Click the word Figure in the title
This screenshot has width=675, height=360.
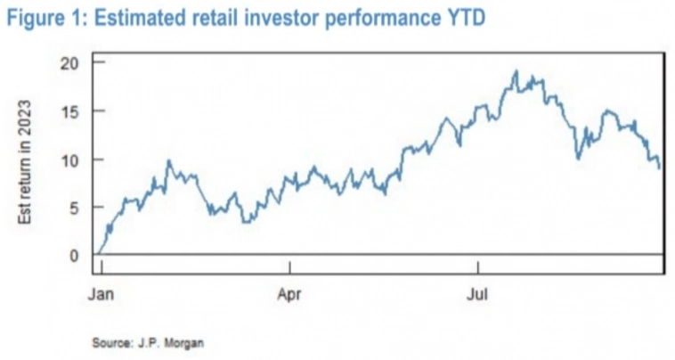pos(32,19)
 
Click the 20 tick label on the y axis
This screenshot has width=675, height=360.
pos(70,62)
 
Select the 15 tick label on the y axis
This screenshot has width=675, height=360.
pos(70,111)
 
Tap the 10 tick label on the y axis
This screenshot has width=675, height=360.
pos(70,160)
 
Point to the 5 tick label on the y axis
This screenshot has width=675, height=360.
pos(74,208)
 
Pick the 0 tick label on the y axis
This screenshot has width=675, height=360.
pos(74,256)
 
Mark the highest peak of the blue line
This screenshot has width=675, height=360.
pos(516,71)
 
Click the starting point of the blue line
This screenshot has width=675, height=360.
pos(99,254)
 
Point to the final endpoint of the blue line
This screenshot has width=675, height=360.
pos(660,168)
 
